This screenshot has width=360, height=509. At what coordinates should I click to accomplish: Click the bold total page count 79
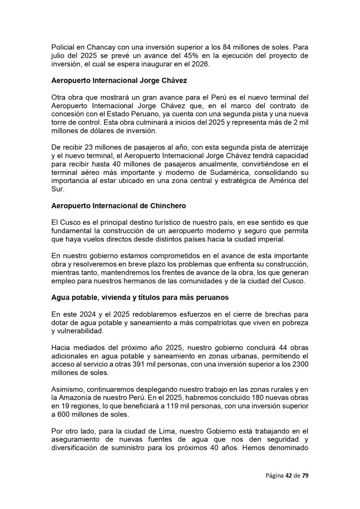tap(305, 475)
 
